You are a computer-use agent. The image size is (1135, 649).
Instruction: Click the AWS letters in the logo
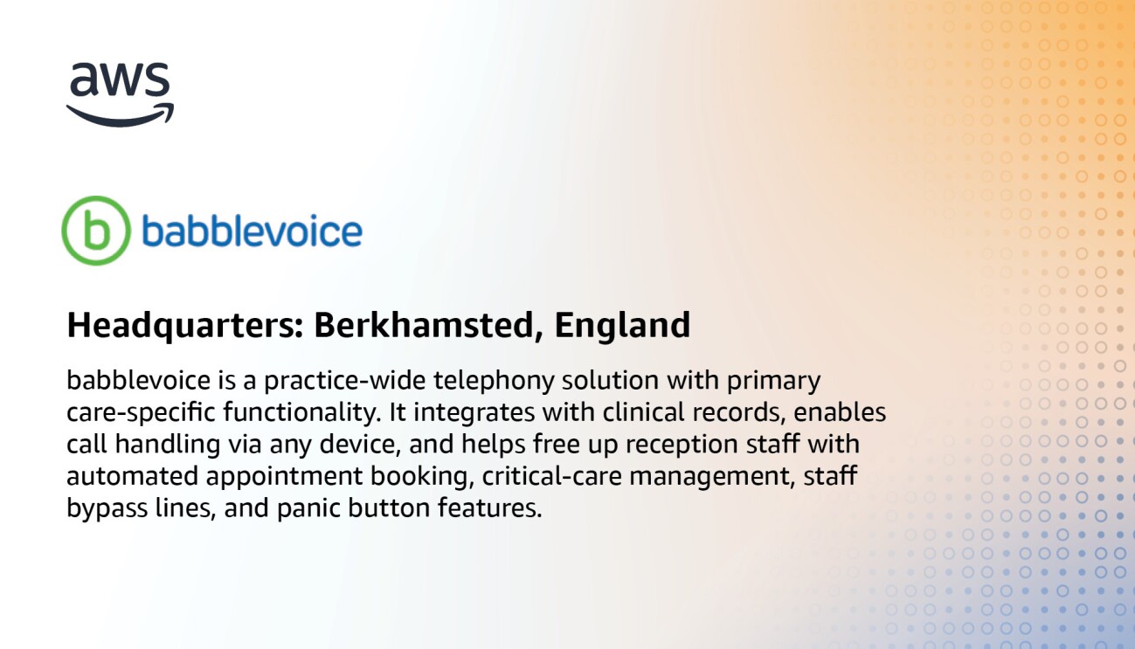pyautogui.click(x=119, y=81)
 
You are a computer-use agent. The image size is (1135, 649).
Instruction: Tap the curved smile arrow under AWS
pyautogui.click(x=120, y=115)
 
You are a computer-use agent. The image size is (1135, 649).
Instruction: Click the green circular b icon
pyautogui.click(x=95, y=231)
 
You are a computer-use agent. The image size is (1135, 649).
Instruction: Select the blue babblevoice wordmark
pyautogui.click(x=252, y=231)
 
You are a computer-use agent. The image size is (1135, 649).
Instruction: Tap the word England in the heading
pyautogui.click(x=622, y=326)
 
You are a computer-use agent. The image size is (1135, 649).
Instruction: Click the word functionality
pyautogui.click(x=278, y=413)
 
